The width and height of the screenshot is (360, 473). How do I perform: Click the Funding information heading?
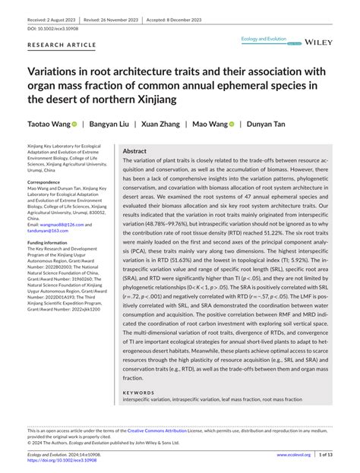(55, 242)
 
